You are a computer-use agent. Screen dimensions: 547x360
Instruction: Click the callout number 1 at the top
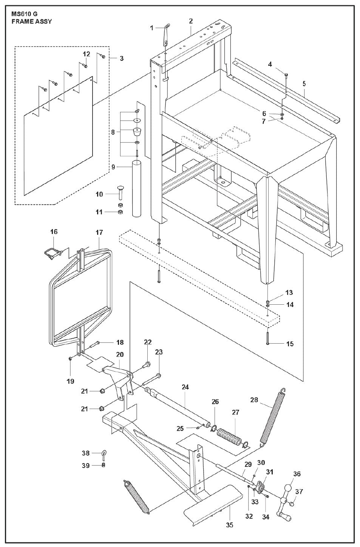pos(151,28)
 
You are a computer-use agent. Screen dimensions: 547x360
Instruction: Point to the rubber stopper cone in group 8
pos(137,133)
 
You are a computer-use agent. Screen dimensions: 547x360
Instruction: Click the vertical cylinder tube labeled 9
pos(136,188)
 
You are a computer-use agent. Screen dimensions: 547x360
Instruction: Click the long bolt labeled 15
pos(267,336)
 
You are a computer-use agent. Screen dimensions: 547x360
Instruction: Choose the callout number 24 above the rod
pos(185,387)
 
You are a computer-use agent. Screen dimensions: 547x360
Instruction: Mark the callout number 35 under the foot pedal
pos(230,525)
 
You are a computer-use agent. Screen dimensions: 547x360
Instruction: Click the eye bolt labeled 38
pos(104,454)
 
